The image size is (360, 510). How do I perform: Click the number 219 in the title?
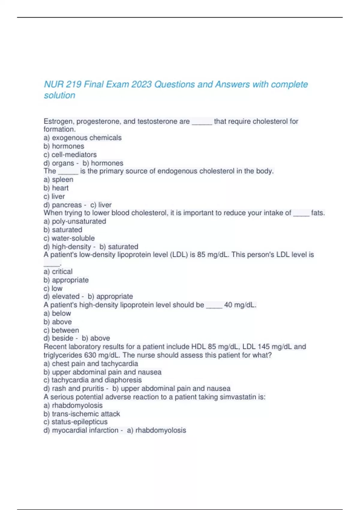(x=73, y=85)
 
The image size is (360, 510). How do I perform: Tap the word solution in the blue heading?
(x=59, y=95)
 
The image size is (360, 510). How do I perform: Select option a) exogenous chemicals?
(x=82, y=138)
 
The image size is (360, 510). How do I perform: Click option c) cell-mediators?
(x=70, y=154)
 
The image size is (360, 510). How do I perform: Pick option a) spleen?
(x=58, y=179)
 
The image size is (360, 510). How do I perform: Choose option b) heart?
(x=56, y=188)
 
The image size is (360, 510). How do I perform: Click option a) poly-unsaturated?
(x=75, y=221)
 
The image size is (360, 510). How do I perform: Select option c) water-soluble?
(x=69, y=238)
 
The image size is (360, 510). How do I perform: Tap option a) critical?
(x=58, y=271)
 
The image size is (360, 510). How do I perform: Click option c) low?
(x=53, y=288)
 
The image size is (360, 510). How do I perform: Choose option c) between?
(x=61, y=330)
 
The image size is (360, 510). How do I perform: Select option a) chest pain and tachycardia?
(x=91, y=364)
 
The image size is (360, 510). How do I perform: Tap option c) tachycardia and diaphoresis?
(x=92, y=380)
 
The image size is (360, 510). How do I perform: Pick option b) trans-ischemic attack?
(x=82, y=414)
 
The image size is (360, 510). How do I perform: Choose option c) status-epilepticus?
(x=75, y=422)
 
